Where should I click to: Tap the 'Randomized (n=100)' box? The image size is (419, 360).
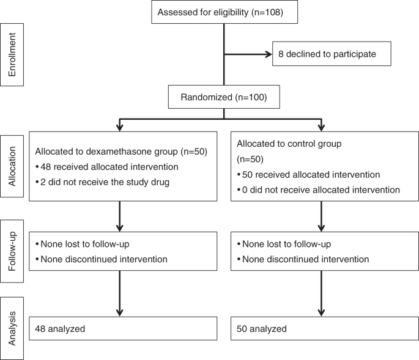point(224,97)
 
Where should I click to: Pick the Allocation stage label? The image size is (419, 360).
point(13,166)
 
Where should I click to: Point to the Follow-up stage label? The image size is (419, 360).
point(13,251)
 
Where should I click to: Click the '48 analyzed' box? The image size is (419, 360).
point(122,329)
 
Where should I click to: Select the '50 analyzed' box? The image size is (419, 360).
point(322,329)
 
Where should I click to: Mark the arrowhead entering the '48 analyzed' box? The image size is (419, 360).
point(120,312)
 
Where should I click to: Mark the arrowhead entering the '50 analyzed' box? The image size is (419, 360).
point(322,312)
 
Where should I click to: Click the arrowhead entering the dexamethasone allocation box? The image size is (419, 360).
point(120,127)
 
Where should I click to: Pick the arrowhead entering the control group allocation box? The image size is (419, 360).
point(322,127)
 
